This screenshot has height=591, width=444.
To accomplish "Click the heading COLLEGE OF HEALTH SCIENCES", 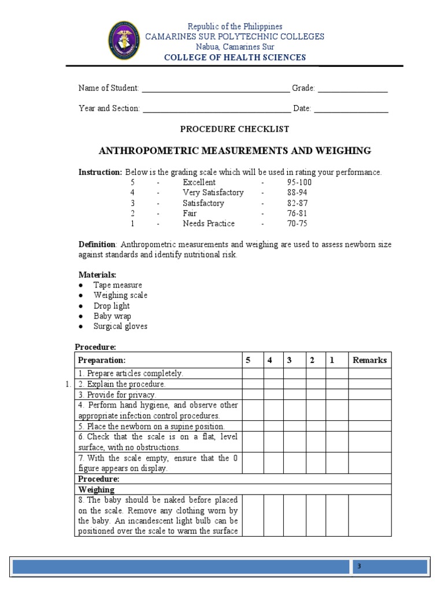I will tap(235, 57).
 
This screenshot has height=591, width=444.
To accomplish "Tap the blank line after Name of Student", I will tap(215, 89).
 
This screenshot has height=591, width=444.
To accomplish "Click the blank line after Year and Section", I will tap(216, 109).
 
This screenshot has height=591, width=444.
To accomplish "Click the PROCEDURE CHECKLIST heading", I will tap(235, 129).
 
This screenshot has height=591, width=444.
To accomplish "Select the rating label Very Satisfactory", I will tap(213, 193).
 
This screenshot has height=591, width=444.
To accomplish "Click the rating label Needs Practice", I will tap(209, 224).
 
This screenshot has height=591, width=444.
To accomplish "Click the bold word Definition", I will tap(97, 245).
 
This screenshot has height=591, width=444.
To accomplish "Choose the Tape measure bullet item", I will tap(117, 285).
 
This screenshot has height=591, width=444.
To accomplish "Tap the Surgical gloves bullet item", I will tap(120, 327).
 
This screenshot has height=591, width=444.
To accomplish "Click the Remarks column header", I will tap(369, 360).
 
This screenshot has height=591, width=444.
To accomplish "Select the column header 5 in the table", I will tap(248, 360).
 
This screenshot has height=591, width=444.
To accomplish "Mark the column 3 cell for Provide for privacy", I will tap(294, 395).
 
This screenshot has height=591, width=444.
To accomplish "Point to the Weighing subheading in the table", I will tap(97, 490).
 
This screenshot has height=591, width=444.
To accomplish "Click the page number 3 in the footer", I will tap(358, 567).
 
